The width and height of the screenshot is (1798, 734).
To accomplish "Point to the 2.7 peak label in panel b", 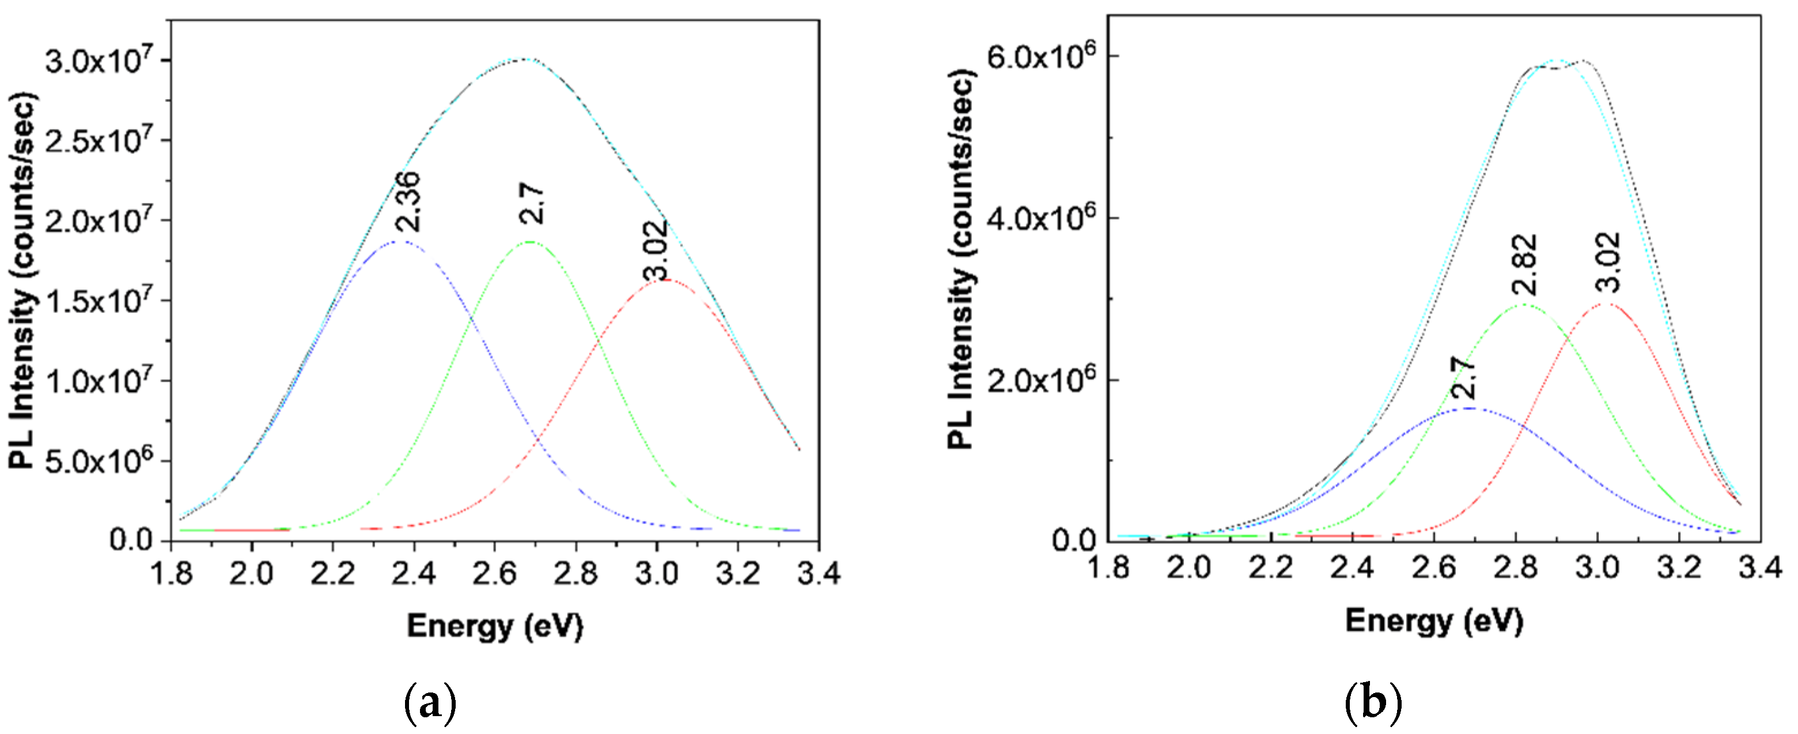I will pyautogui.click(x=1464, y=377).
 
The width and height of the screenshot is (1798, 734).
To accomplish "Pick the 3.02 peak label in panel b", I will pyautogui.click(x=1607, y=262).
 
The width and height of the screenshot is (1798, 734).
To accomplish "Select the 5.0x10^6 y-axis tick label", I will pyautogui.click(x=99, y=460).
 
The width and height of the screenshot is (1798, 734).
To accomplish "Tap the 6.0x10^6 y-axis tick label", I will pyautogui.click(x=1039, y=56).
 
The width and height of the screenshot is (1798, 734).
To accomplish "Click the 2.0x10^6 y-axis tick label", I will pyautogui.click(x=1039, y=380).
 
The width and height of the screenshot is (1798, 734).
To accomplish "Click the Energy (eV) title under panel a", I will pyautogui.click(x=495, y=625).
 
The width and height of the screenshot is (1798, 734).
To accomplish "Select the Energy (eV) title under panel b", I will pyautogui.click(x=1434, y=620).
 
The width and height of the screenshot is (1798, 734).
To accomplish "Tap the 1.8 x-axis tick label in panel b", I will pyautogui.click(x=1108, y=567).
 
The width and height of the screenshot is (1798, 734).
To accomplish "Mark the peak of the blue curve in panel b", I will pyautogui.click(x=1468, y=409).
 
